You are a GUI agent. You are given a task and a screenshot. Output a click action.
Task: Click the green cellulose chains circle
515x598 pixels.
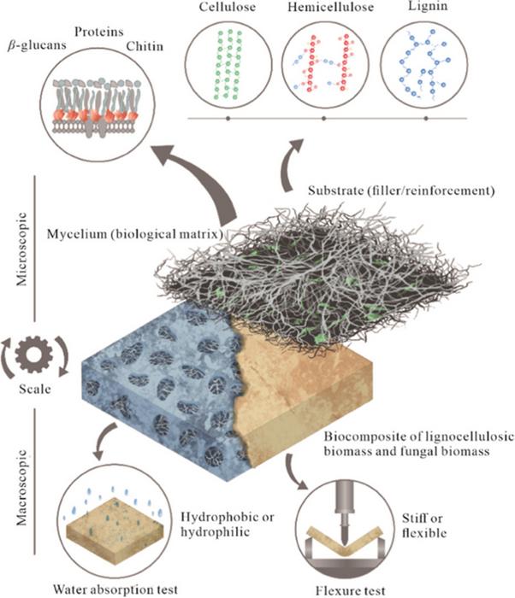coord(228,68)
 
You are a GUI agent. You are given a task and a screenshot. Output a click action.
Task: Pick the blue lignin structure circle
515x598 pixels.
coord(425,68)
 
